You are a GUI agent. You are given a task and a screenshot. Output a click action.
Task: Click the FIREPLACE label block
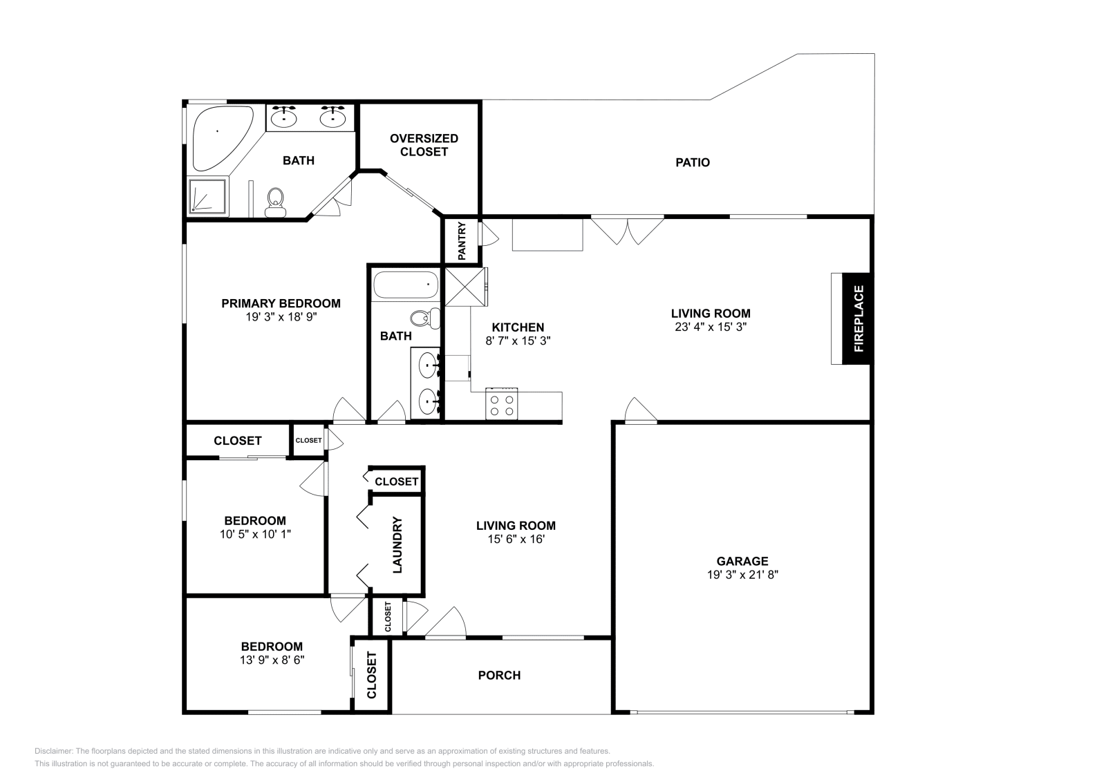(x=859, y=318)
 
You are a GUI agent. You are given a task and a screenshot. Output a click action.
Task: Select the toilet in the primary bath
(x=276, y=201)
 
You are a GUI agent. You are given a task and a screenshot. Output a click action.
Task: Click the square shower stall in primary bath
(x=207, y=196)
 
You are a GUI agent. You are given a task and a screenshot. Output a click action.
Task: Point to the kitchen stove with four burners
(x=502, y=405)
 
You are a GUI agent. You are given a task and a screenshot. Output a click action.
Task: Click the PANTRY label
(x=462, y=240)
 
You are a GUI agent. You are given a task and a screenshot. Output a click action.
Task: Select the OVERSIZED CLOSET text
(x=424, y=145)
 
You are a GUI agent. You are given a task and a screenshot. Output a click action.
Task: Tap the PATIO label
(x=693, y=162)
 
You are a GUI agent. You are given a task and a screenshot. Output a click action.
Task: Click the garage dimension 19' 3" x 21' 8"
(x=742, y=575)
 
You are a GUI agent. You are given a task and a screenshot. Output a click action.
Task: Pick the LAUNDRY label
(x=397, y=544)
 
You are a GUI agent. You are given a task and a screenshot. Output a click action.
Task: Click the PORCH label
(x=499, y=675)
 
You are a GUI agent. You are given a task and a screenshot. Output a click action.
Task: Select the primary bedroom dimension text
(x=281, y=317)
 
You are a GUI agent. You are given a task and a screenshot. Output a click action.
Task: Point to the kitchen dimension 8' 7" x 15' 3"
(x=518, y=341)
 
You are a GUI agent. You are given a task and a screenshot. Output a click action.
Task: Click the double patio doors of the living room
(x=627, y=229)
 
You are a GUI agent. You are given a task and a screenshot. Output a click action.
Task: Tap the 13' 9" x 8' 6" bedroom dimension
(x=272, y=660)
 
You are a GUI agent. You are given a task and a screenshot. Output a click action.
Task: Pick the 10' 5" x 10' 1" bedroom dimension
(x=254, y=534)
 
